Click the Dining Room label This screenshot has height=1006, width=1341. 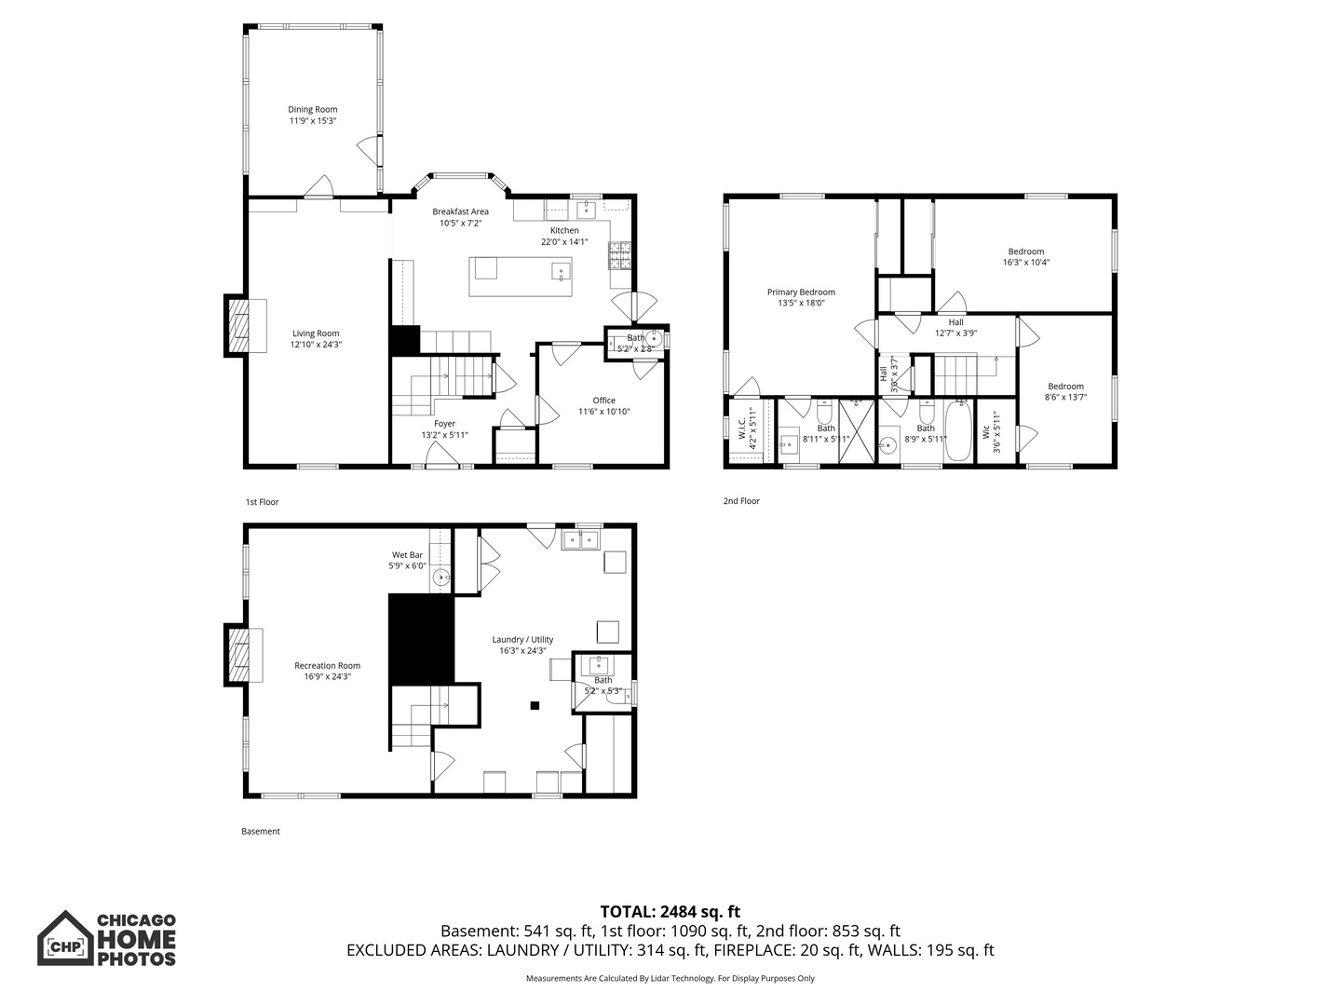coord(312,109)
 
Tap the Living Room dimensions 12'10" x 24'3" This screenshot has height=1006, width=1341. coord(316,345)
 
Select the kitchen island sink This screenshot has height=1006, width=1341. coord(561,270)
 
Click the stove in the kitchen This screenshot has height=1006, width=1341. coord(619,256)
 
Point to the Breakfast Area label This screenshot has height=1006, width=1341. coord(461,212)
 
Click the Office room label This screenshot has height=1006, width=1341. coord(604,401)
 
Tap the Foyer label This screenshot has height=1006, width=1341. coord(445,424)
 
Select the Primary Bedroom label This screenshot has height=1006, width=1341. coord(801,292)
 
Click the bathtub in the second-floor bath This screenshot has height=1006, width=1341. coord(958,430)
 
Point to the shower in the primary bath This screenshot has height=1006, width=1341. coord(857,431)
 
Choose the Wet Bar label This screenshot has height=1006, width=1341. coord(408,555)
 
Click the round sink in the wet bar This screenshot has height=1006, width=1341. coord(441,577)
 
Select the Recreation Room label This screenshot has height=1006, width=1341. coord(328,666)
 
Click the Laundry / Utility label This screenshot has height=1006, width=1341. coord(523,640)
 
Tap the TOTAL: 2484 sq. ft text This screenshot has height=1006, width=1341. coord(670,912)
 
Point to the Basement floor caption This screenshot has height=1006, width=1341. coord(261,831)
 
